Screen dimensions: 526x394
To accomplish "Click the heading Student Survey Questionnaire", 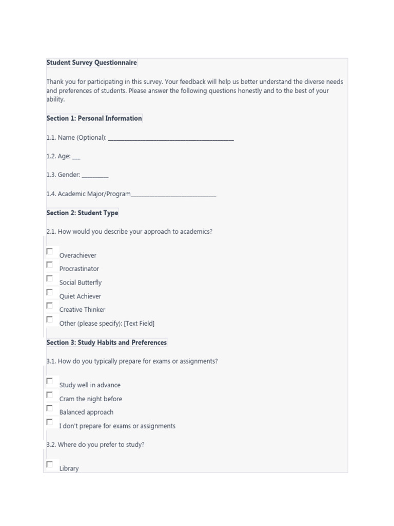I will tap(91, 63).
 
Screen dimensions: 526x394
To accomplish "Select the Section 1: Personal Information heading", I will tap(94, 118).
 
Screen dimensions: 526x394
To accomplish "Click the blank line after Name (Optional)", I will tap(171, 138).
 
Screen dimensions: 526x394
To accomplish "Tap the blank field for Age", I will tap(76, 157).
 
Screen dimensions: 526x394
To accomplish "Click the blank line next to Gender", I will tap(95, 176).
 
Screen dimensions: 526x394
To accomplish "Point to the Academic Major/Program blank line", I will tap(173, 195).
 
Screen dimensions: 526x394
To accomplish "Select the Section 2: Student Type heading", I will tap(82, 213).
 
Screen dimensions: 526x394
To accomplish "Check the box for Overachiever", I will tap(50, 251).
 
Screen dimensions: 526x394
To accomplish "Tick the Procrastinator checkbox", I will tap(50, 265).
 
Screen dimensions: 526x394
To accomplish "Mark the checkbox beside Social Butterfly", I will tap(50, 278).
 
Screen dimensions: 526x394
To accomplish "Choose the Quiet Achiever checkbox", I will tap(50, 292).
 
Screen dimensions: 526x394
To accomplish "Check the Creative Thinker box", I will tap(50, 306).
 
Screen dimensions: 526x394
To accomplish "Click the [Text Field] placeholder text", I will tap(139, 324).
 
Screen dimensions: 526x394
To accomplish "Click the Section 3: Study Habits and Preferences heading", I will tap(106, 343).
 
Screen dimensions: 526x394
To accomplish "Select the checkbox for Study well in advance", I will tap(50, 381).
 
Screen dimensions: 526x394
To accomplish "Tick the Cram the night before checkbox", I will tap(50, 394).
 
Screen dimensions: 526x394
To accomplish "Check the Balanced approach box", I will tap(50, 408).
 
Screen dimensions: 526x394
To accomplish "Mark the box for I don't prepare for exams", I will tap(50, 422).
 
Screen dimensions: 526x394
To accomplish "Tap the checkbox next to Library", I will tap(50, 464).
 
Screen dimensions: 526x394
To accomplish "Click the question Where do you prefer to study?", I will tap(95, 445).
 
